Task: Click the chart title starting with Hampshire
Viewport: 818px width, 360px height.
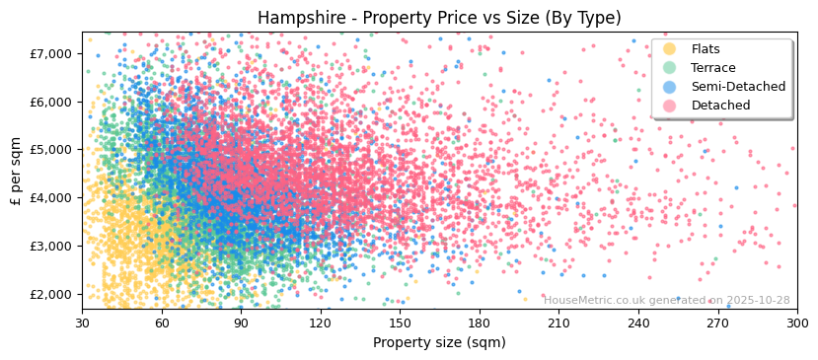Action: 439,18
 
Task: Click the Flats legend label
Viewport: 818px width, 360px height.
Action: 706,49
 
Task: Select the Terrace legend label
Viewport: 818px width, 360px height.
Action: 712,68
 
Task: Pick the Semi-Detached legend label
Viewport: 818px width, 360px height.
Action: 738,87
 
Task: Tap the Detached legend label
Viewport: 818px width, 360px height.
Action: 720,106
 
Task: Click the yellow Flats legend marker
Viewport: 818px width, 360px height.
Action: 670,49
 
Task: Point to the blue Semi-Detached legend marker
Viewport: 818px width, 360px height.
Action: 670,87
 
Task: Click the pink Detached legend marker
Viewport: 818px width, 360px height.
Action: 670,106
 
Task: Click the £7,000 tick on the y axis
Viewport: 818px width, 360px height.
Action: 51,53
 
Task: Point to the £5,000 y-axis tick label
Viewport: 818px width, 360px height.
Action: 51,150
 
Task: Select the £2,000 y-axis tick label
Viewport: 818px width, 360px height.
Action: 51,294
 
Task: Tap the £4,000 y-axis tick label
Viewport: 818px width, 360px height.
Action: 51,197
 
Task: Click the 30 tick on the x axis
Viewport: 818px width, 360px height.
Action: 83,323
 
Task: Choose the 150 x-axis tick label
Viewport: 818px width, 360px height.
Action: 400,323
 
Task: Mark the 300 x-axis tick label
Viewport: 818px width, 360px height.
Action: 797,323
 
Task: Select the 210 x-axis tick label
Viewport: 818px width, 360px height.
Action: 558,323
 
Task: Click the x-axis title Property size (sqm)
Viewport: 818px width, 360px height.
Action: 439,342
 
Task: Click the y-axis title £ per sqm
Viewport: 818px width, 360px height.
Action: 17,172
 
